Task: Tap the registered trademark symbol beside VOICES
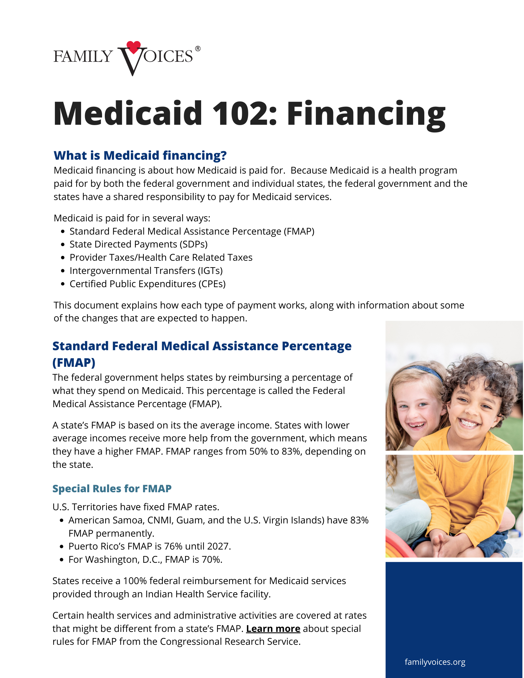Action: pyautogui.click(x=198, y=49)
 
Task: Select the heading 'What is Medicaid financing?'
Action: pyautogui.click(x=140, y=155)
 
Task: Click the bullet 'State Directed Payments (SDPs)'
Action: pyautogui.click(x=138, y=244)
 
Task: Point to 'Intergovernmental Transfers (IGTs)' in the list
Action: pyautogui.click(x=146, y=271)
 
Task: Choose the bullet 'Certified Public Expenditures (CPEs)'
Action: pyautogui.click(x=148, y=284)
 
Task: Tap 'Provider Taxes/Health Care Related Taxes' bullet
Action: pyautogui.click(x=161, y=257)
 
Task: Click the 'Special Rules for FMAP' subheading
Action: pyautogui.click(x=112, y=488)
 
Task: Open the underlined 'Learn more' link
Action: pyautogui.click(x=273, y=629)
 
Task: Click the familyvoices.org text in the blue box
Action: pyautogui.click(x=435, y=662)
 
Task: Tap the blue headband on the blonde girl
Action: pyautogui.click(x=424, y=370)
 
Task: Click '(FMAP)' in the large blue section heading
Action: pyautogui.click(x=74, y=362)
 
